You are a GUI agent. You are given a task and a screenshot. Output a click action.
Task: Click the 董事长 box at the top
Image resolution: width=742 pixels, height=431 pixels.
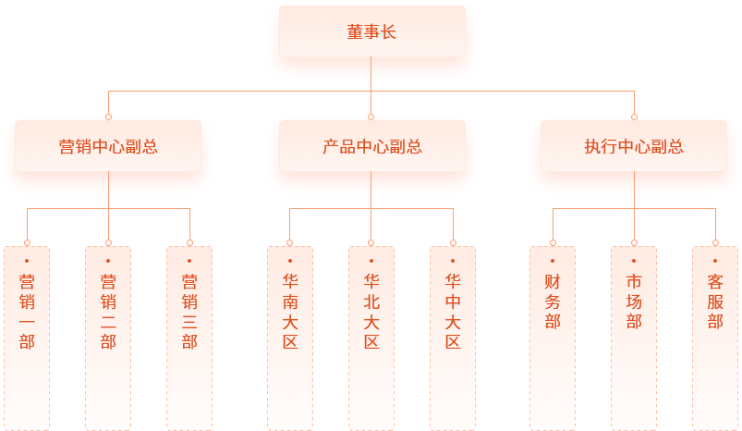click(371, 32)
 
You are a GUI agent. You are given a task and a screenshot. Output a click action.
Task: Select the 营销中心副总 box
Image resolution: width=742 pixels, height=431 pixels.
click(108, 146)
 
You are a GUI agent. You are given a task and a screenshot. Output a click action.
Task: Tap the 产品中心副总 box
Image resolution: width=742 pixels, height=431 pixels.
click(371, 146)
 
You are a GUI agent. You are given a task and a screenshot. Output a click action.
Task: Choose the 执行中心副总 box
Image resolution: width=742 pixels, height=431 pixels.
click(634, 146)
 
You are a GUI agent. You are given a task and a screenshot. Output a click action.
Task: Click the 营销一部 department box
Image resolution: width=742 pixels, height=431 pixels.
click(27, 337)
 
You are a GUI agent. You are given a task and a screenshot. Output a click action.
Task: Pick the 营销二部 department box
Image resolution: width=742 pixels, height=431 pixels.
click(108, 337)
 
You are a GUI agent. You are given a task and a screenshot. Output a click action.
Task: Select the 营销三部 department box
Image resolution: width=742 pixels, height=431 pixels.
click(189, 337)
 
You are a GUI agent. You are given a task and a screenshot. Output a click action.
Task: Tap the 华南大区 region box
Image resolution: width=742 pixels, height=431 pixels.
click(290, 337)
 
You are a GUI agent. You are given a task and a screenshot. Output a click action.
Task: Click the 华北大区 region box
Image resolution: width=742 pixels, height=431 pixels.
click(371, 337)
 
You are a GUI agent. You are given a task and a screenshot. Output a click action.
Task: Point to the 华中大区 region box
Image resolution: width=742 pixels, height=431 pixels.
click(453, 337)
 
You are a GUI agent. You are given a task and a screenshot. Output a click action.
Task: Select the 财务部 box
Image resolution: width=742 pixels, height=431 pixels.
click(553, 337)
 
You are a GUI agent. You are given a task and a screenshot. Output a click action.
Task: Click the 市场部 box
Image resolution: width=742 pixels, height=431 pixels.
click(634, 337)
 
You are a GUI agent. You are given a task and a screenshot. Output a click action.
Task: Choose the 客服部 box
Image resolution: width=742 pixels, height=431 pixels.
click(715, 337)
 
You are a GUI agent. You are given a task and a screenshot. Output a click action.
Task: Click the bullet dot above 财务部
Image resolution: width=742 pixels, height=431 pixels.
click(553, 261)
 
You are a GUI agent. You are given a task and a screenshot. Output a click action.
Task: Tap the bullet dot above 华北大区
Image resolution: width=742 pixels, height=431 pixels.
click(371, 261)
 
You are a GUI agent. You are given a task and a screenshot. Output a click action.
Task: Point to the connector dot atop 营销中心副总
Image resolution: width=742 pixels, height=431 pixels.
click(108, 117)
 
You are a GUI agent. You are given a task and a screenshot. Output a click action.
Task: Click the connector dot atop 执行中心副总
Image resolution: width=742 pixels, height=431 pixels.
click(634, 117)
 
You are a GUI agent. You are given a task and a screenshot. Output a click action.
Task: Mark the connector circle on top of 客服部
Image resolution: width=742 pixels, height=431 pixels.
click(715, 243)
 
